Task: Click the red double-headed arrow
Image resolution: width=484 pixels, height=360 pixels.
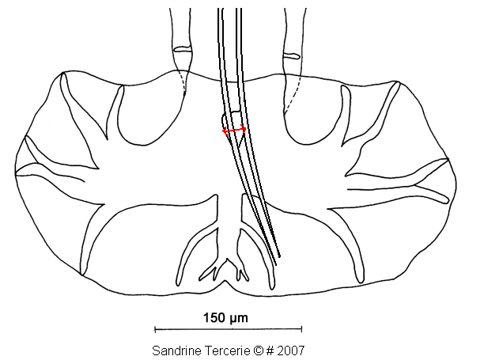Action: (234, 131)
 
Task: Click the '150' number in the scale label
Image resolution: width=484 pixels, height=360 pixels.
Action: (214, 318)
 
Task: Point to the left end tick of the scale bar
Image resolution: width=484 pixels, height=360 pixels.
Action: (155, 329)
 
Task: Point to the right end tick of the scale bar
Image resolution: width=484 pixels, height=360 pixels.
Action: (301, 329)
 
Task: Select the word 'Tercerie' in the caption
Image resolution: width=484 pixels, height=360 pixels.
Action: (227, 351)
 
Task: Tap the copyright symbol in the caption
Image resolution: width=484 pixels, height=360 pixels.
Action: (259, 351)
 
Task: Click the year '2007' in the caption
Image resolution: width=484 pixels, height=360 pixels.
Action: (291, 351)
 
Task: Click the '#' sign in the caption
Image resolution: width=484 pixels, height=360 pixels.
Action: (270, 351)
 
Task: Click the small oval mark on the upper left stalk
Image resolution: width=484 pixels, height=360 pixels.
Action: (183, 49)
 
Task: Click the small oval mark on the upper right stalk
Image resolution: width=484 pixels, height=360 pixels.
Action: (291, 56)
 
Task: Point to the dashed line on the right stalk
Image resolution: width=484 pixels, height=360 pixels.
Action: (293, 94)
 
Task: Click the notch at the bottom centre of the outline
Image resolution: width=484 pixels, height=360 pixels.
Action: (225, 282)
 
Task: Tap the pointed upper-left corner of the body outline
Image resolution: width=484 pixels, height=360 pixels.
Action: (62, 72)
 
